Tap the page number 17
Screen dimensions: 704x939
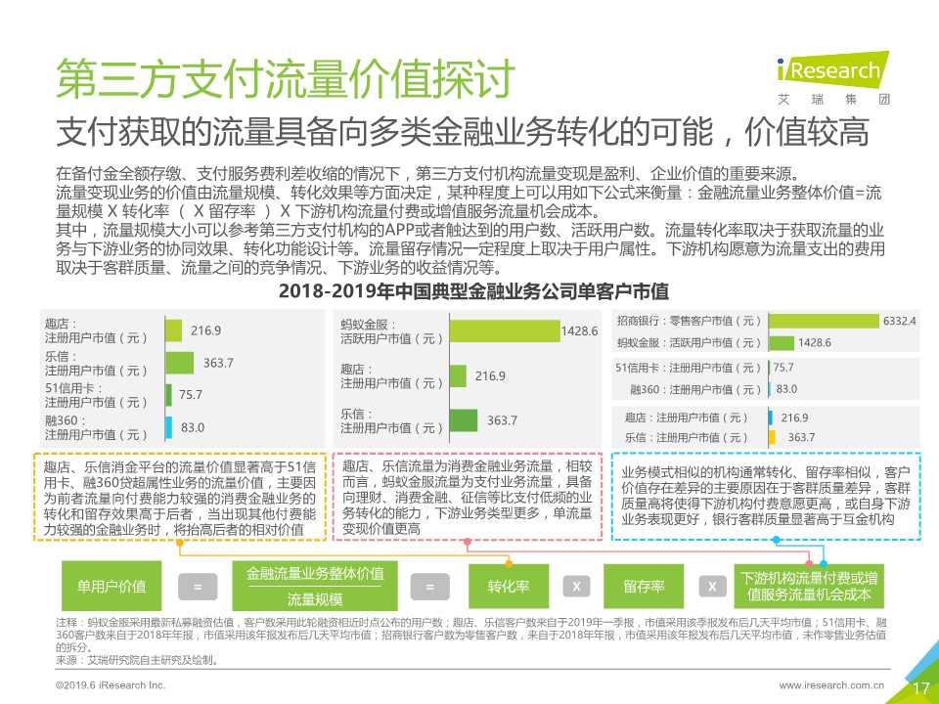(920, 687)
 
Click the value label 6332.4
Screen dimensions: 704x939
(898, 321)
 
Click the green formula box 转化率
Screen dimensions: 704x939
(508, 587)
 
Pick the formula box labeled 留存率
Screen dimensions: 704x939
(644, 587)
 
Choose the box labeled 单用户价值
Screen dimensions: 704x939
(111, 587)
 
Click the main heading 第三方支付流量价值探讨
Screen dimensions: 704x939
(284, 79)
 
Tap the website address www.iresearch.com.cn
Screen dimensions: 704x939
(831, 686)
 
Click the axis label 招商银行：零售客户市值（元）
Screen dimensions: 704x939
(689, 321)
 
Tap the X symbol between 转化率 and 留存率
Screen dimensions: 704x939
(576, 587)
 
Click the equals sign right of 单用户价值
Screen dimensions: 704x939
(198, 587)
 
